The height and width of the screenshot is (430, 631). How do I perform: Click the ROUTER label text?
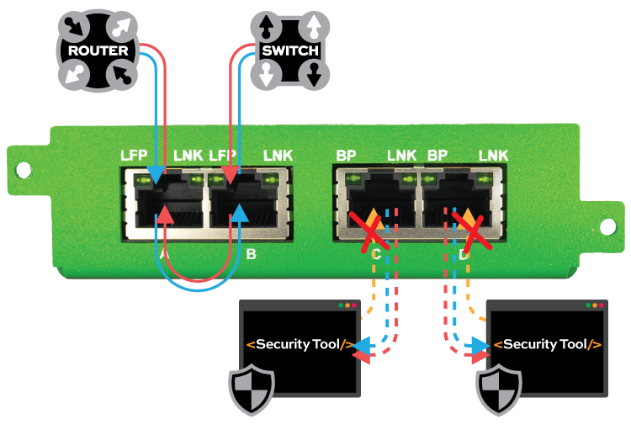(98, 50)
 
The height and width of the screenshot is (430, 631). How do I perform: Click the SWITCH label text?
(289, 50)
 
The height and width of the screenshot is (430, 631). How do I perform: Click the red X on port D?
(469, 229)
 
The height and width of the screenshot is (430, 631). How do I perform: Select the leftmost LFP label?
(135, 155)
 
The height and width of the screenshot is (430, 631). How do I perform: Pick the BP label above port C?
(346, 155)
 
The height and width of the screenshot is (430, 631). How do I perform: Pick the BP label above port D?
(437, 155)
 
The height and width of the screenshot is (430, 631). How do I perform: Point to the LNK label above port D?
(494, 155)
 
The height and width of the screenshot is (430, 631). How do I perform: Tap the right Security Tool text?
(547, 344)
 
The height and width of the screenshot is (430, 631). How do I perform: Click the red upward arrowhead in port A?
(166, 215)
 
